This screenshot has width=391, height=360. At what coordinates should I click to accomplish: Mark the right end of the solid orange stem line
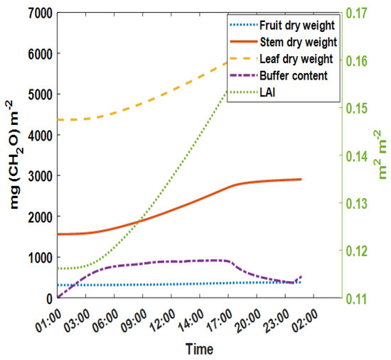(x=301, y=179)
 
